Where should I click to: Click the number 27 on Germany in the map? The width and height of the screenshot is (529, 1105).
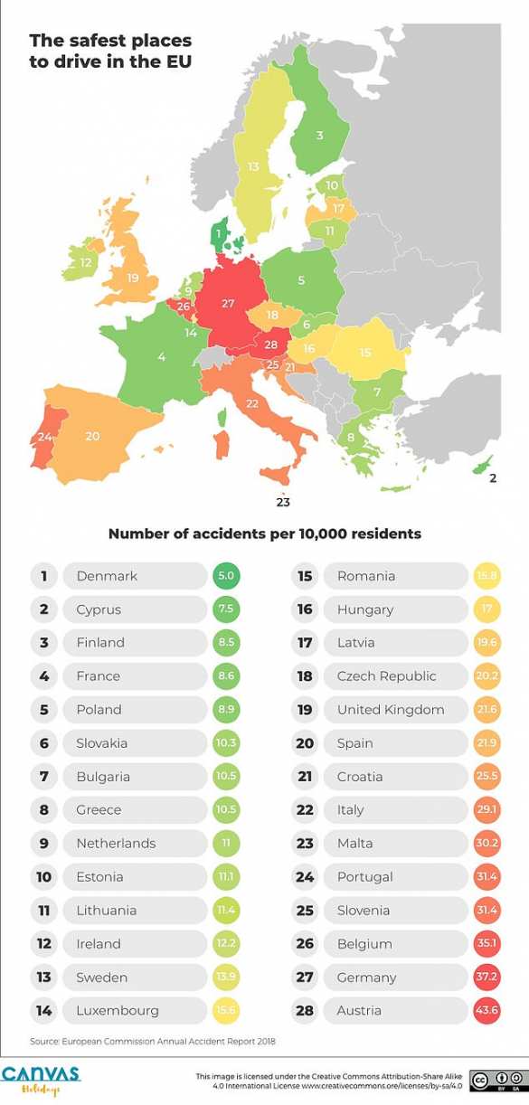[228, 304]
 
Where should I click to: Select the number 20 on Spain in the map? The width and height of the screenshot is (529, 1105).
[92, 436]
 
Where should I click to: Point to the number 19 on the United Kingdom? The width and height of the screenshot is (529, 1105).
[133, 278]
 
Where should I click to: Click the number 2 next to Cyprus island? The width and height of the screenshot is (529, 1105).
[493, 478]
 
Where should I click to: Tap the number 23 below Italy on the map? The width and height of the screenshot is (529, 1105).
[283, 501]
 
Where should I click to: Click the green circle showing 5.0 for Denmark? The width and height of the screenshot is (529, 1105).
[226, 576]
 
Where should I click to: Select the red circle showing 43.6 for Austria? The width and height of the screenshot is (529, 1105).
[487, 1011]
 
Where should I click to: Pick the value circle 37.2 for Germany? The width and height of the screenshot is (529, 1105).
[487, 977]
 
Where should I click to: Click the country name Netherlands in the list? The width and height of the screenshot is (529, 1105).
[116, 844]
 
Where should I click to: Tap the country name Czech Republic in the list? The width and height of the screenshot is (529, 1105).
[386, 676]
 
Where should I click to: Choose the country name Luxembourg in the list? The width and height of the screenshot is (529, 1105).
[118, 1011]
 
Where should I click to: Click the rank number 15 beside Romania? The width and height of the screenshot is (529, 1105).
[305, 576]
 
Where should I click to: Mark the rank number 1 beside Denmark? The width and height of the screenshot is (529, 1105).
[43, 576]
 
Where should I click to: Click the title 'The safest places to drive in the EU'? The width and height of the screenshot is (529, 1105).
[110, 51]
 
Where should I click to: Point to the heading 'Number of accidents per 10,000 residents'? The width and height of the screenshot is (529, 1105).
[264, 534]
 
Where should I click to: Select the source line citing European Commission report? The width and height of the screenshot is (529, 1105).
[152, 1042]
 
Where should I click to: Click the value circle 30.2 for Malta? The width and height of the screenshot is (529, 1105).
[487, 844]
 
